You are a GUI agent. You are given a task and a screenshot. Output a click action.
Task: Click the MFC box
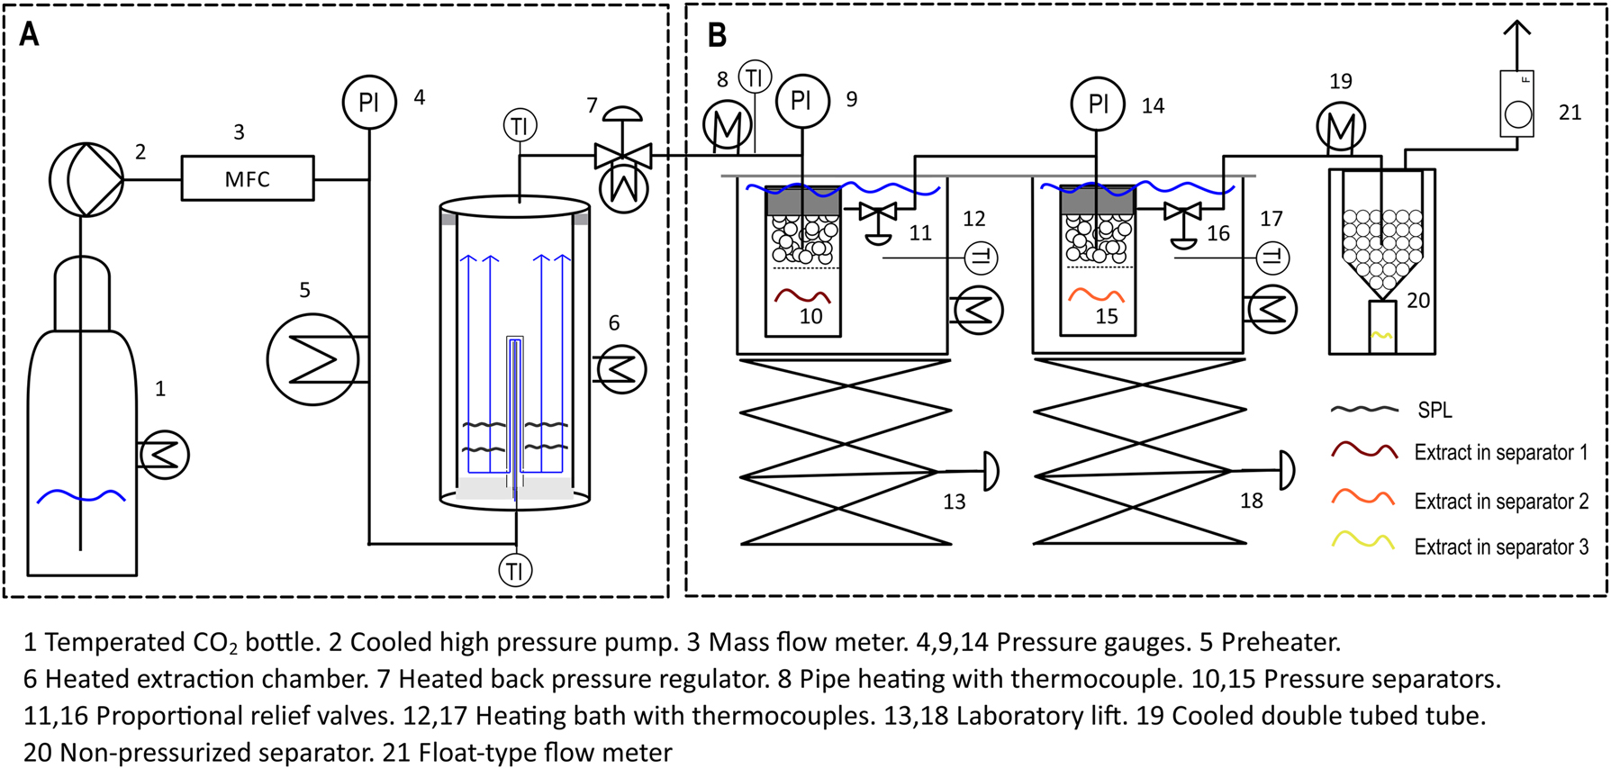point(248,178)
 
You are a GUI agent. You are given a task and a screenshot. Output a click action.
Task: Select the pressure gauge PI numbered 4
point(369,102)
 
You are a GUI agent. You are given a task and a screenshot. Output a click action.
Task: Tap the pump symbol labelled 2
point(86,179)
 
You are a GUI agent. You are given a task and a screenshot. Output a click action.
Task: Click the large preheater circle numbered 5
point(312,359)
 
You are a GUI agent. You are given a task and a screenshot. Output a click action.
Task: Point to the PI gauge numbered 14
point(1098,104)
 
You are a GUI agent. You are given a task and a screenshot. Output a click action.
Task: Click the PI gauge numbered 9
point(801,101)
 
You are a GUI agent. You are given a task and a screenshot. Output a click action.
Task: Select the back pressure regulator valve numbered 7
point(623,157)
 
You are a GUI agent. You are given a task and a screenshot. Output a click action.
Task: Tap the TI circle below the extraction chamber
point(515,570)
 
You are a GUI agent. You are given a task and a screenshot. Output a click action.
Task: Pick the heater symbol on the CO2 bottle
point(165,455)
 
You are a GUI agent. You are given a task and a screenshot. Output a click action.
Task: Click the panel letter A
point(30,35)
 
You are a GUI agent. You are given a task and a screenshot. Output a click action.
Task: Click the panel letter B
point(716,35)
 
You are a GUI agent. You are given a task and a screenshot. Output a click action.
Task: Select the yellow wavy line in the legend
point(1363,542)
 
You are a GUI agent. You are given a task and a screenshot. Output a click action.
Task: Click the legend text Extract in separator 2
point(1501,502)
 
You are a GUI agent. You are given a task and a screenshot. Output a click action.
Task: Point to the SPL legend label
point(1435,410)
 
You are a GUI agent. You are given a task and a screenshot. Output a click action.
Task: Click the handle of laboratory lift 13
point(990,471)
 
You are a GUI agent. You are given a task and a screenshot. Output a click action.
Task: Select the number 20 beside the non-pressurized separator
point(1417,301)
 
